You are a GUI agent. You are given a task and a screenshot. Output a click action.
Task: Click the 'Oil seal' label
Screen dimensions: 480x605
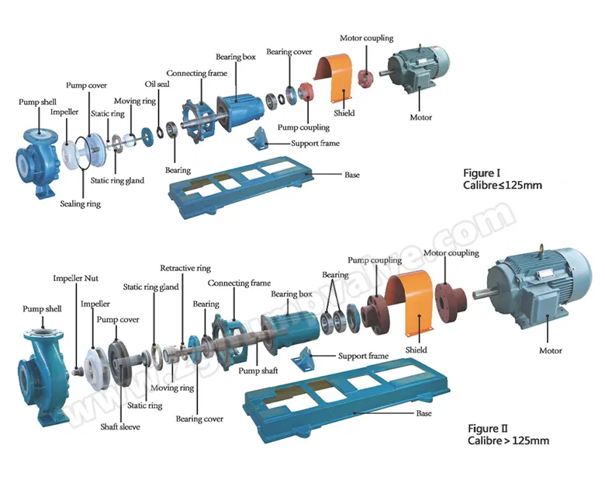[x=157, y=84]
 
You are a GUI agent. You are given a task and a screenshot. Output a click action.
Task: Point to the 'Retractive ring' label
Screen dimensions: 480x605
[x=185, y=268]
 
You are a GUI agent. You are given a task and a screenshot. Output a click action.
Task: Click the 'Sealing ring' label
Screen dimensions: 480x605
[x=81, y=204]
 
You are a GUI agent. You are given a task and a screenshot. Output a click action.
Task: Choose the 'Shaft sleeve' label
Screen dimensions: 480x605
[x=120, y=426]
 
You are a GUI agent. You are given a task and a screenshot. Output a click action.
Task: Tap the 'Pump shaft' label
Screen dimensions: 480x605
[x=259, y=371]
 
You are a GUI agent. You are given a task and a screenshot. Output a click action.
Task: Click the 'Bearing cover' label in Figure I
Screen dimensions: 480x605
[x=289, y=52]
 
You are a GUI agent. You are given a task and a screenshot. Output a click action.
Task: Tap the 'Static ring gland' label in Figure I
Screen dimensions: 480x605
[x=117, y=181]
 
